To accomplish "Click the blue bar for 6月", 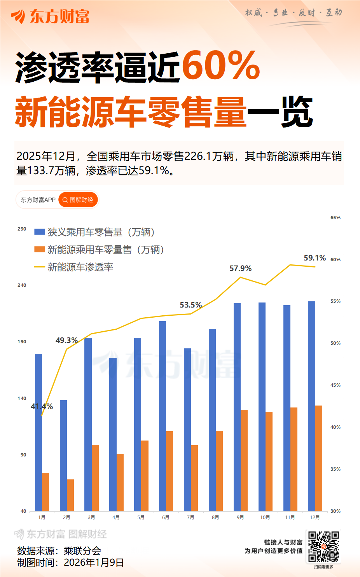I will tap(163, 416).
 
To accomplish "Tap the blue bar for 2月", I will tap(63, 455).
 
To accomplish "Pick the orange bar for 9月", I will tap(244, 460).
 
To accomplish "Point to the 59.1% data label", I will tap(315, 258).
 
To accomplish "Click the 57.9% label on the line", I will tap(240, 269).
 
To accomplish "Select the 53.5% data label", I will tap(190, 305).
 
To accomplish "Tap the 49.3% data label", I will tap(66, 341).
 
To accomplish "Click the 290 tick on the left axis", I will tap(22, 229).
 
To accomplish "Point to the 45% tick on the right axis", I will tap(335, 385).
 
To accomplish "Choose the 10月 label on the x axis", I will tap(265, 518).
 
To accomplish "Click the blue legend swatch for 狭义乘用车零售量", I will tap(39, 232).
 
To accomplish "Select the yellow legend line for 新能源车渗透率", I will tap(39, 267).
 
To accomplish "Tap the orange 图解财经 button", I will tap(78, 200).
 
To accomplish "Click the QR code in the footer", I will tap(323, 547).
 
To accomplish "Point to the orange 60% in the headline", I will tap(220, 66).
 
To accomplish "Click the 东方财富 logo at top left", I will tap(51, 16).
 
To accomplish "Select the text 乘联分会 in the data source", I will tap(82, 551).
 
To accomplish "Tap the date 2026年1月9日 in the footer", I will tap(94, 563).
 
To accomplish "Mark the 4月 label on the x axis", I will tap(116, 518).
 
